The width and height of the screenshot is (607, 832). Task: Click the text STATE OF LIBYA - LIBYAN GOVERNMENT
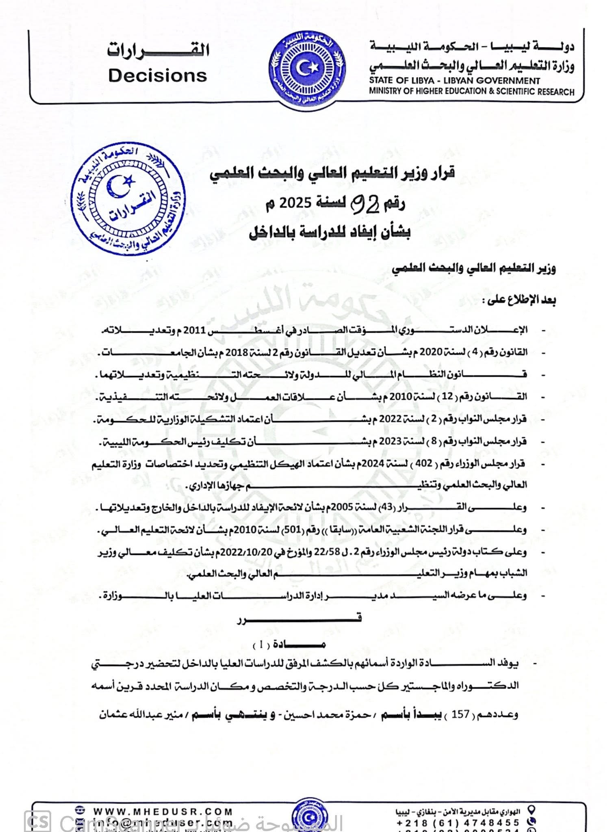coord(454,80)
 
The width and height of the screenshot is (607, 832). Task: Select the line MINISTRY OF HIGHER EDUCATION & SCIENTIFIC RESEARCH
coord(471,91)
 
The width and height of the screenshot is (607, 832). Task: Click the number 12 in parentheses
coord(447,396)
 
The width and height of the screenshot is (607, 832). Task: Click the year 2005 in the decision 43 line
coord(355,507)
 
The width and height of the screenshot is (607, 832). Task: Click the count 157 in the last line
coord(460,714)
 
